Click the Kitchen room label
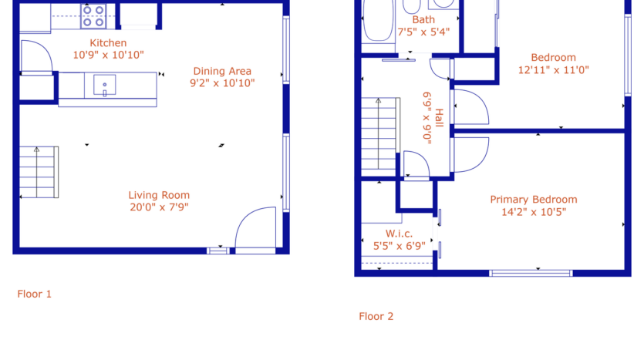point(108,43)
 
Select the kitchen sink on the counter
point(104,83)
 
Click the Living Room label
point(159,195)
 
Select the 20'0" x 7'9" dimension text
point(159,207)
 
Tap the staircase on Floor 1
point(38,171)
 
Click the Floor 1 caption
point(35,294)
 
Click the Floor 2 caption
point(376,316)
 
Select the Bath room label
point(423,20)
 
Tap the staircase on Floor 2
point(379,135)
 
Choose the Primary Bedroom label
point(534,200)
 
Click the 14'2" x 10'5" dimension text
point(534,211)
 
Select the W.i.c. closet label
point(399,234)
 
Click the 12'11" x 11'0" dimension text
point(554,69)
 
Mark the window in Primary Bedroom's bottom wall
point(531,272)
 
